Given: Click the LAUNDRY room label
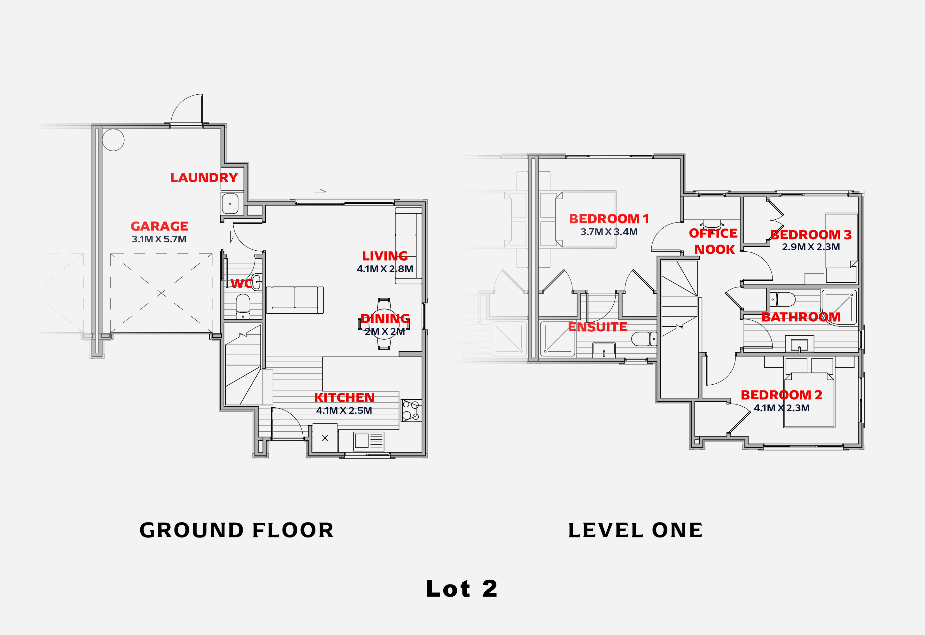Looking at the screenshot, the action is tap(204, 177).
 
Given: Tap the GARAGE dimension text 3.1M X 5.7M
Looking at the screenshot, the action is tap(159, 239).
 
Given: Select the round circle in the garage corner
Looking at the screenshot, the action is tap(113, 140).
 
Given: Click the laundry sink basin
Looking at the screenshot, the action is tap(230, 204).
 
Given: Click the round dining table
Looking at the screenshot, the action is tap(384, 324).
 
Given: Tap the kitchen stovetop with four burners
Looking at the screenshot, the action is tap(411, 411).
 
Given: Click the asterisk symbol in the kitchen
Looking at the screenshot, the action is tap(325, 438).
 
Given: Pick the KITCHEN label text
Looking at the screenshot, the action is tap(344, 398).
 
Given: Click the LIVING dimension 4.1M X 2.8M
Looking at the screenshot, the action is tap(385, 269).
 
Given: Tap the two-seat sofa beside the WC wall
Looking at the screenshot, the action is tap(295, 300).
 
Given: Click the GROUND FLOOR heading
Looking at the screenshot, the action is tap(237, 530).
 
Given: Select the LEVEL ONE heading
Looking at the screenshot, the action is tap(635, 530).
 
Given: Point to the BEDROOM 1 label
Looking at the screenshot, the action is tap(609, 219).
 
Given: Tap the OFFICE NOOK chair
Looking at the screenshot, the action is tap(712, 223).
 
